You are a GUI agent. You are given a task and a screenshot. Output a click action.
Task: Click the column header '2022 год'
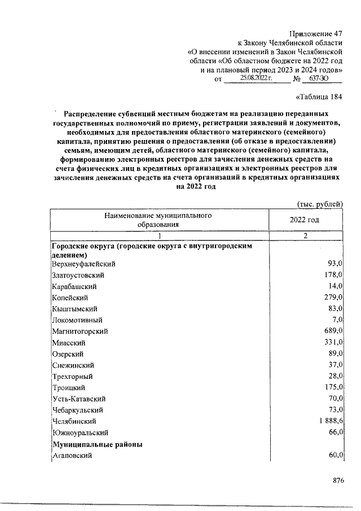coord(305,220)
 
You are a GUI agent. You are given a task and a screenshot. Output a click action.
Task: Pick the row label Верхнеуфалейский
coord(84,264)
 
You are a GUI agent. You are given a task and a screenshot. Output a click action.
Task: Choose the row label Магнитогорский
coord(80,331)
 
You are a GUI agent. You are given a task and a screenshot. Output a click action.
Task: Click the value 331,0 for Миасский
coord(332,342)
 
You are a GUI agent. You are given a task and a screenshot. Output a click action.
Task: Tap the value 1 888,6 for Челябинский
coord(328,421)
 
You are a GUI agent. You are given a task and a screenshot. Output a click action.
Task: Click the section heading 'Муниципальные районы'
coord(96,444)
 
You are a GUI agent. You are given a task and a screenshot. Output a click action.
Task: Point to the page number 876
coord(338,481)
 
